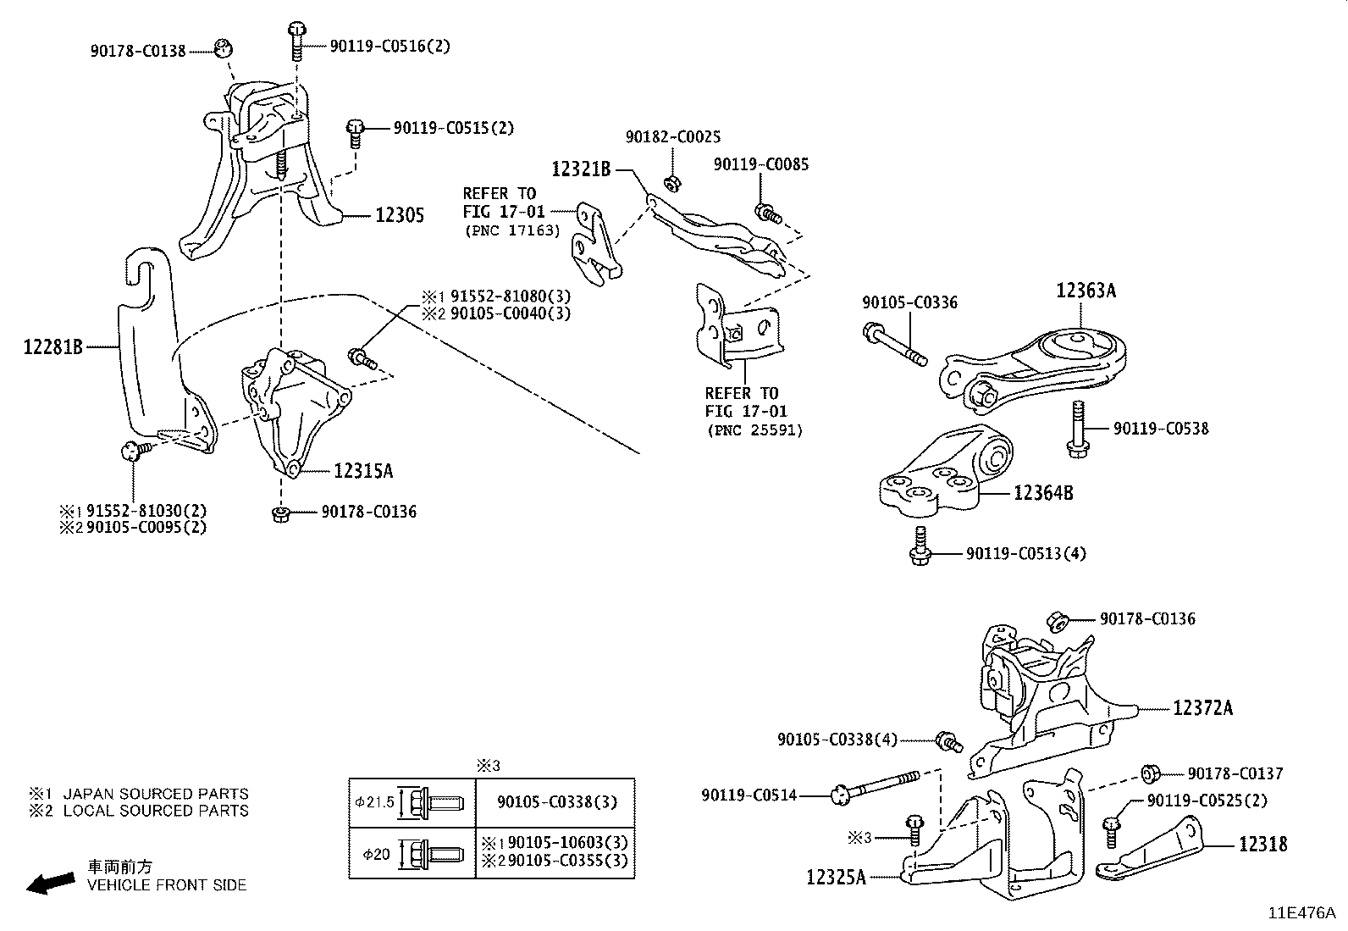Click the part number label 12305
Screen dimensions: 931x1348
400,216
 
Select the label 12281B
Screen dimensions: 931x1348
52,346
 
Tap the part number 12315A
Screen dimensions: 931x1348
363,471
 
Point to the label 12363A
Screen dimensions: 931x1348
1086,291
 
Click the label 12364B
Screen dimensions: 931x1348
1043,492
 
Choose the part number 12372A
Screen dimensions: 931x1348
1202,708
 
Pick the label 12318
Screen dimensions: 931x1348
1262,844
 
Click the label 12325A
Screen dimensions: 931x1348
836,878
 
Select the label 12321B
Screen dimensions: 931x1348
581,169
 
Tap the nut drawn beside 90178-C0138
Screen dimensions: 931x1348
223,48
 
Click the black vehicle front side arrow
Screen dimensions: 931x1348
50,883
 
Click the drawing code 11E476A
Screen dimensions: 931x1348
1301,913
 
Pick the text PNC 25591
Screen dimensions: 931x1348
754,430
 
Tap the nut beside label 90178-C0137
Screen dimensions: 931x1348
1150,773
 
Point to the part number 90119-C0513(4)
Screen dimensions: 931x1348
1025,554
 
